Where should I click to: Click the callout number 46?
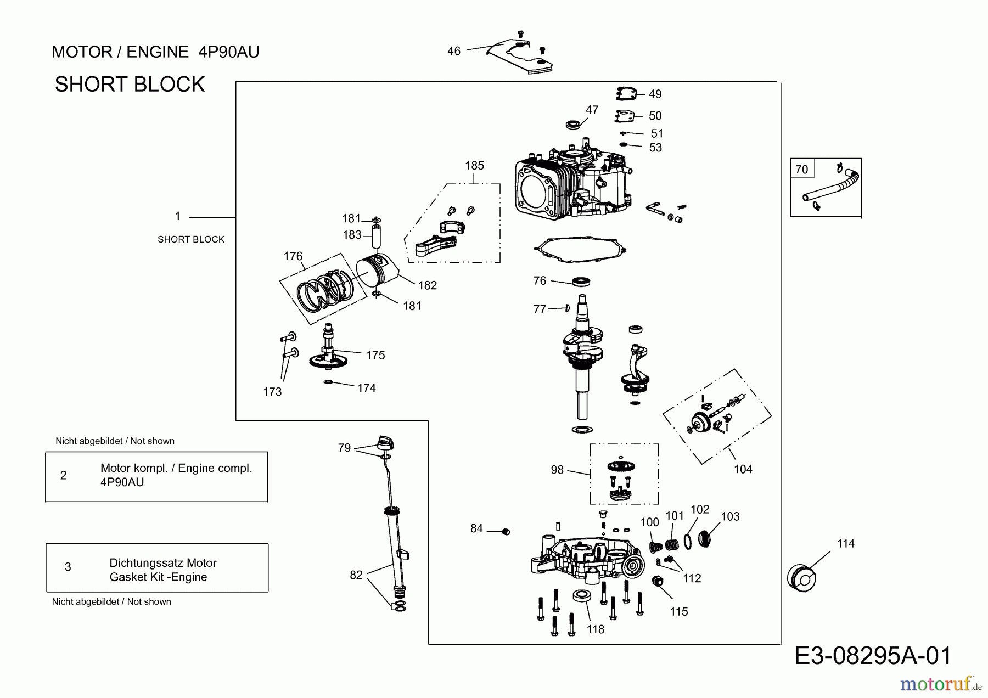point(453,51)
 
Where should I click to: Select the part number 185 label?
point(474,165)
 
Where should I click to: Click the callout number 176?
point(293,256)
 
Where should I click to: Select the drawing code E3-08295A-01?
point(873,656)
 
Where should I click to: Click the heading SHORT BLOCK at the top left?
point(130,85)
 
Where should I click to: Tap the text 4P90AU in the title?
point(228,52)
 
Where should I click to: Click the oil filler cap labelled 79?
point(386,442)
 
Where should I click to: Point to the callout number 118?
point(595,629)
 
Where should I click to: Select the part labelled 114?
point(801,577)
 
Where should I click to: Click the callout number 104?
point(743,469)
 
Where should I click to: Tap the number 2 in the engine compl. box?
point(63,475)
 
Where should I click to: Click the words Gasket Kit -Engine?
point(158,577)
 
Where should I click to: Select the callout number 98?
point(557,470)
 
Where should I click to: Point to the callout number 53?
point(655,148)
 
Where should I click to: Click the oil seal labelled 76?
point(581,282)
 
